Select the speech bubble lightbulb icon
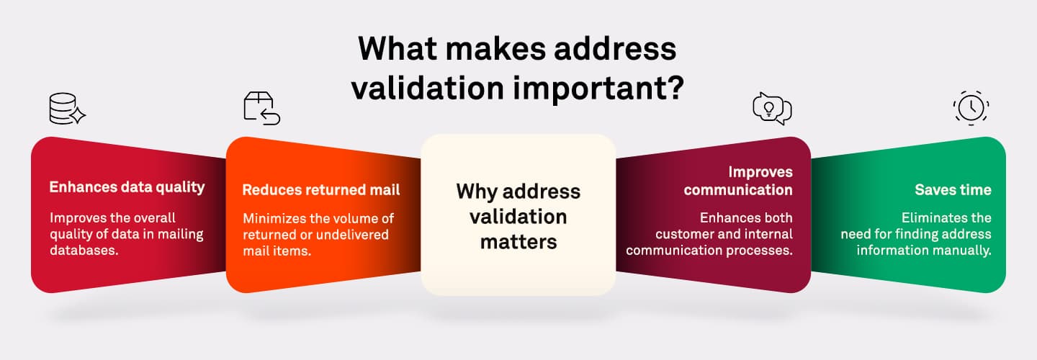tap(772, 109)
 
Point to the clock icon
tap(971, 108)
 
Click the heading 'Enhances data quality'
tap(127, 187)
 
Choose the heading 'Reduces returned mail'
tap(321, 189)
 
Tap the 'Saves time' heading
tap(953, 189)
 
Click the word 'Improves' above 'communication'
tap(760, 172)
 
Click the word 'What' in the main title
tap(398, 48)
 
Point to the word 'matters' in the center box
tap(518, 242)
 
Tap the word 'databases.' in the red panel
tap(84, 251)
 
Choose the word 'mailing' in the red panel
tap(181, 235)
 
